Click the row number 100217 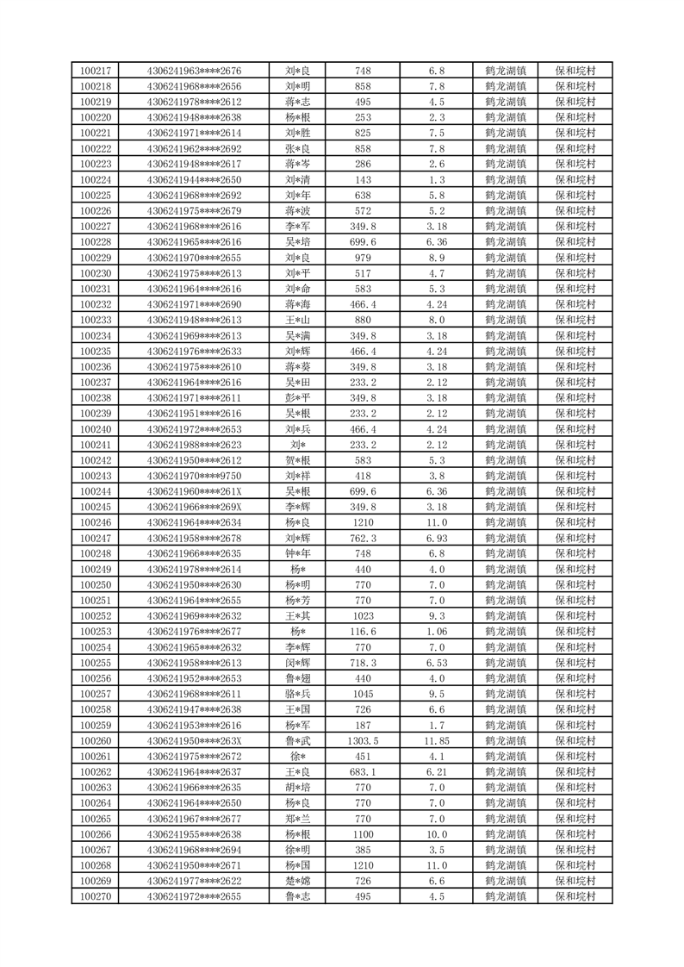click(95, 71)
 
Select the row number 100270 click(95, 897)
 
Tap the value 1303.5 click(363, 741)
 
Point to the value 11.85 click(437, 741)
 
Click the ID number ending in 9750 click(195, 477)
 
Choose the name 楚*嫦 click(298, 882)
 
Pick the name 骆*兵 click(298, 695)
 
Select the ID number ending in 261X click(195, 492)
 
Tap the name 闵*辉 click(298, 664)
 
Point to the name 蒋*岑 click(298, 165)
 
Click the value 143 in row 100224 click(363, 180)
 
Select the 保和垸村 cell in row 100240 click(575, 429)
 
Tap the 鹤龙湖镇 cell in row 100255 click(506, 664)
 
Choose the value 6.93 click(437, 539)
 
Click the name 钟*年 click(298, 554)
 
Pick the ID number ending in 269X click(195, 508)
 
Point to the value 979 click(363, 258)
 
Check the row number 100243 click(95, 477)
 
